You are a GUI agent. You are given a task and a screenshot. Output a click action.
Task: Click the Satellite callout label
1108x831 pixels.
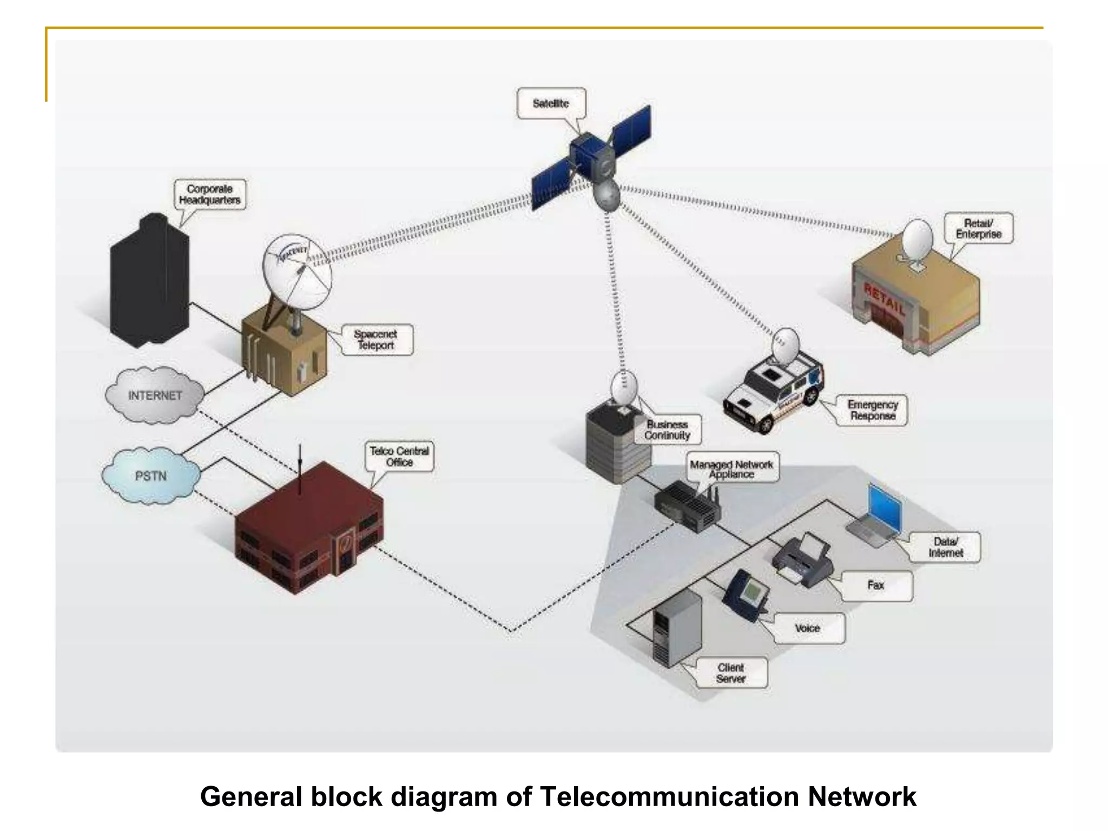(x=551, y=103)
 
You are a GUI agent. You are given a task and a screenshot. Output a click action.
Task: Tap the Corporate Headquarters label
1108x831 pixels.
(x=209, y=195)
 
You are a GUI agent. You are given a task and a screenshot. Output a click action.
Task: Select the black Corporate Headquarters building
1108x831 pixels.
(x=150, y=281)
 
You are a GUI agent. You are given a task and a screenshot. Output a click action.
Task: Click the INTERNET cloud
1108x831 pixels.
(x=155, y=395)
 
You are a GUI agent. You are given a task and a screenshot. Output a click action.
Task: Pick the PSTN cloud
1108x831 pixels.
(x=150, y=476)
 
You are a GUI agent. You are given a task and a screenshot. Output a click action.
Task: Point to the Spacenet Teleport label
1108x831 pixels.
(x=376, y=340)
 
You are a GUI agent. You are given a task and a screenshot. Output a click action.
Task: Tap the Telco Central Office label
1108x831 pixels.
(x=399, y=456)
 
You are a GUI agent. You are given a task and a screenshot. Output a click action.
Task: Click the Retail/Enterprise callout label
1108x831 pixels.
(x=978, y=228)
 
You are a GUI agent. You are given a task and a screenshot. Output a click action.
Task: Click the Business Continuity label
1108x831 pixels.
(x=667, y=430)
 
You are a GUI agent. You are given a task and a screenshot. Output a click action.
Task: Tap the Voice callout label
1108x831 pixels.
(x=807, y=628)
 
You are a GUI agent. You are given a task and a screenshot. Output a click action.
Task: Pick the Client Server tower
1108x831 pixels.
(x=676, y=628)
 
